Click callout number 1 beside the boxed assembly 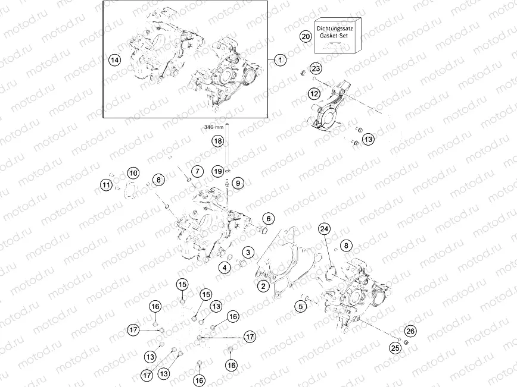(x=281, y=59)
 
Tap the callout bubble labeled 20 (x=305, y=36)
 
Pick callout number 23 (x=316, y=68)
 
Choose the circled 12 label (x=314, y=93)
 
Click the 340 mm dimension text (x=213, y=127)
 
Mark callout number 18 (x=218, y=141)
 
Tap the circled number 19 (x=218, y=171)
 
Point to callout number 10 (x=133, y=173)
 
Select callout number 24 (x=324, y=229)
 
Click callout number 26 (x=410, y=331)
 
